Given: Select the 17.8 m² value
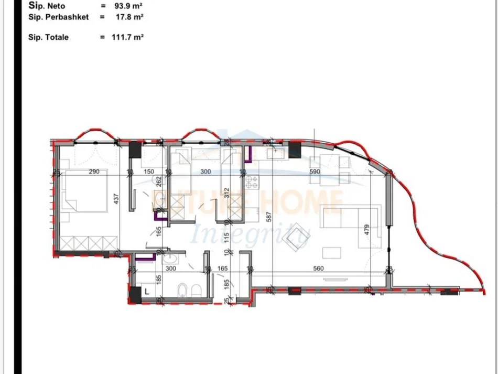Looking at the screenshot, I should (x=129, y=17).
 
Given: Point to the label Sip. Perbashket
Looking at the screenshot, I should (x=59, y=17).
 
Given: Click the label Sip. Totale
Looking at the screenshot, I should (x=49, y=37).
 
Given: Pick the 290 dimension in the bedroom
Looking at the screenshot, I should (x=94, y=172).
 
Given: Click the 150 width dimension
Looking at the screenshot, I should (x=148, y=172).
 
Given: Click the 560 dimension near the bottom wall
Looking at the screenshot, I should (x=318, y=269).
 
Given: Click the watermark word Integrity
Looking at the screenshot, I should (x=249, y=235).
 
